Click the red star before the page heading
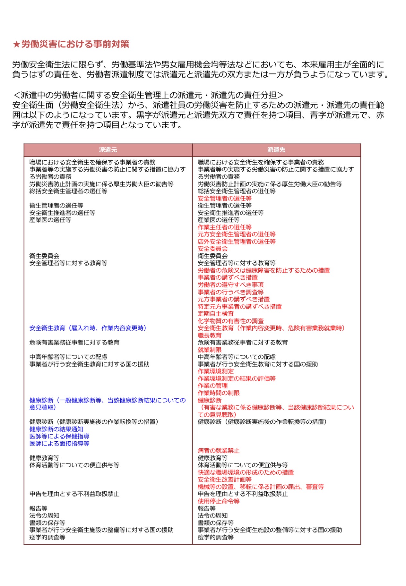(16, 44)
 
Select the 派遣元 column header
(108, 150)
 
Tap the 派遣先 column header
(276, 150)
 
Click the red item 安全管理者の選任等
(224, 199)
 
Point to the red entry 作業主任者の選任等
(224, 227)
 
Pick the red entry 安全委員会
(212, 249)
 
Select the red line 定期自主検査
(216, 314)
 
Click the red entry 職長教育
(209, 335)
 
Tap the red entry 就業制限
(209, 350)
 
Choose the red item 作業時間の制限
(219, 393)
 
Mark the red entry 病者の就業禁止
(219, 451)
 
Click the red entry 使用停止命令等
(219, 501)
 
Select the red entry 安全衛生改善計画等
(224, 480)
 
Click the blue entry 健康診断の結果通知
(56, 429)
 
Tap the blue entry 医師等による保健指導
(59, 436)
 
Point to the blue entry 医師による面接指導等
(59, 444)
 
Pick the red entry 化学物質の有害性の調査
(230, 321)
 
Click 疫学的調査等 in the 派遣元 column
(47, 537)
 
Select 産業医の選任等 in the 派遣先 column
(219, 220)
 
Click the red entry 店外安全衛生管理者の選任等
(237, 242)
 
